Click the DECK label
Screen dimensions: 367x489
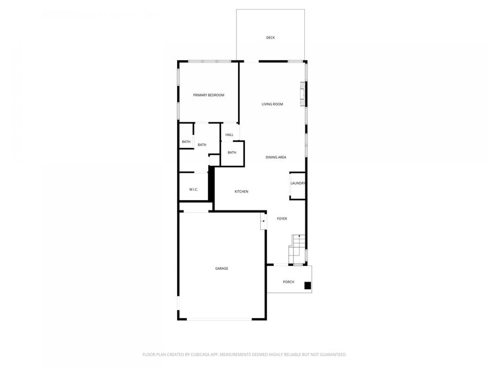point(270,38)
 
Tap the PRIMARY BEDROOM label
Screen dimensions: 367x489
point(209,95)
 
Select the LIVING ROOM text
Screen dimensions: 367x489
point(272,104)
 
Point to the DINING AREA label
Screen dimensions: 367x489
point(275,157)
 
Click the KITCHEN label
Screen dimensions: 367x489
point(241,191)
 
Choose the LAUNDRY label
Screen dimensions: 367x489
point(298,183)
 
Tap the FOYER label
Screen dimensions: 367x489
point(282,219)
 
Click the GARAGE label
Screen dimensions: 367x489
point(221,269)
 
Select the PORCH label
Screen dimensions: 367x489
point(289,282)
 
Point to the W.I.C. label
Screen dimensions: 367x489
point(193,189)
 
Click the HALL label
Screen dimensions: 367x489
point(229,135)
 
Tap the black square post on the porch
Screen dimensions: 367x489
point(308,285)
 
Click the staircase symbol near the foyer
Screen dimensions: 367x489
point(297,248)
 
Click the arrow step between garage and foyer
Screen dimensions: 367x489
point(263,221)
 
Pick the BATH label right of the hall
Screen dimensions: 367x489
point(232,152)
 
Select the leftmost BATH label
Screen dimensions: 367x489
point(186,142)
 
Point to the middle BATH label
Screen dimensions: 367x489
point(202,145)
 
